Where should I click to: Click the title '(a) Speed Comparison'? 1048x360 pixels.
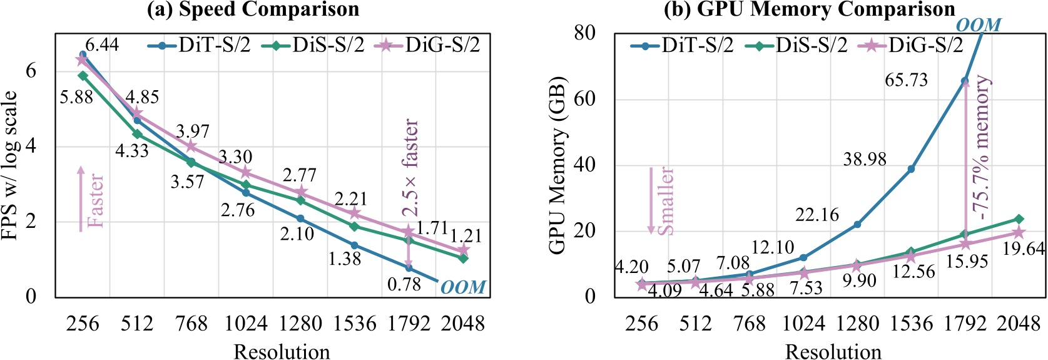tap(253, 9)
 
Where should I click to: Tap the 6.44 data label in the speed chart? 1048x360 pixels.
tap(102, 44)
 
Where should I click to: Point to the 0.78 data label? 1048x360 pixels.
tap(404, 284)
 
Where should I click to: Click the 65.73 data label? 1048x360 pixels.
tap(906, 80)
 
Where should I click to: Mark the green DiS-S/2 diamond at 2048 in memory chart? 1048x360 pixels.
tap(1019, 219)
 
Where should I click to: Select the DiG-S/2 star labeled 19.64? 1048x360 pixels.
tap(1019, 232)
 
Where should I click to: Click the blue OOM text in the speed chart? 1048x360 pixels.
tap(463, 287)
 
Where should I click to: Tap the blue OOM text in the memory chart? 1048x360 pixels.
tap(979, 25)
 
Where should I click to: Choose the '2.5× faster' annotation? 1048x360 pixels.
tap(410, 167)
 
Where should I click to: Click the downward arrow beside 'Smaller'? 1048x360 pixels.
tap(651, 200)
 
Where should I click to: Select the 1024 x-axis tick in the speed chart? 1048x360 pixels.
tap(246, 324)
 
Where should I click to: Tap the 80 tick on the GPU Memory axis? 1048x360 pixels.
tap(584, 33)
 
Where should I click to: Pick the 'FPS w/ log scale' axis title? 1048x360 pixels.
tap(10, 166)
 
